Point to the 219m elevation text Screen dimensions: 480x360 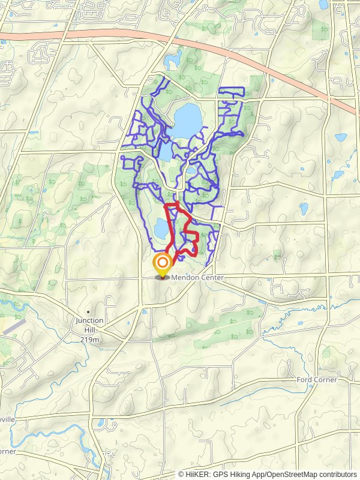89,339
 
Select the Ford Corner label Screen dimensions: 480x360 317,380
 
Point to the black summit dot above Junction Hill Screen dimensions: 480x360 89,312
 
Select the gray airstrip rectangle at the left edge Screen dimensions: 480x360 13,326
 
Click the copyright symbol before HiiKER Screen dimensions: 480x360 182,474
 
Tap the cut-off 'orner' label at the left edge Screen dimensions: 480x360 7,451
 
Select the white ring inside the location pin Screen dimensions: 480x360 162,262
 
